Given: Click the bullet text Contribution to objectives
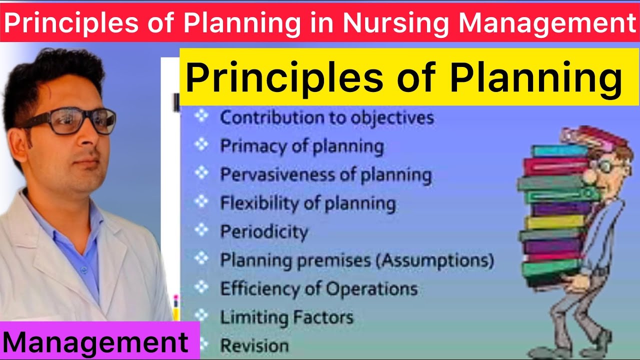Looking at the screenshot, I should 326,118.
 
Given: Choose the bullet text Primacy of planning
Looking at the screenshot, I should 301,146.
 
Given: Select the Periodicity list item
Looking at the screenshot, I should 264,232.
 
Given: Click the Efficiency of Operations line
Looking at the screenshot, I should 318,289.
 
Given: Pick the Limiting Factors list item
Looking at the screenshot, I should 286,317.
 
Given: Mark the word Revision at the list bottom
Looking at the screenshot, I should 254,345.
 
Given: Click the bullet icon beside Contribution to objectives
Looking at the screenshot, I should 201,116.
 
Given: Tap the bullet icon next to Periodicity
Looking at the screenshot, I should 201,230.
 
